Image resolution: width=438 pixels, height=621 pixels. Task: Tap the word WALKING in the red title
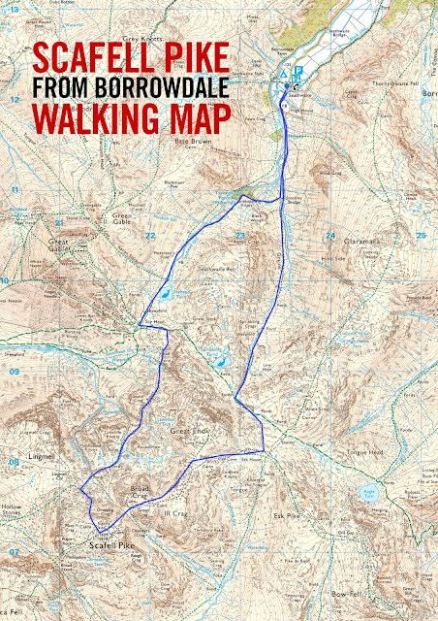(x=80, y=119)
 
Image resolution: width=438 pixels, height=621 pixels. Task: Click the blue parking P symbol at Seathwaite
(x=298, y=72)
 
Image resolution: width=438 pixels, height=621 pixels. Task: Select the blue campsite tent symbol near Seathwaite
(x=283, y=74)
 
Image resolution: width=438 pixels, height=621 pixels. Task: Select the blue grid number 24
(x=328, y=236)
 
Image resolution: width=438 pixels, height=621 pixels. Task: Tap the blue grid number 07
(x=14, y=551)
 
